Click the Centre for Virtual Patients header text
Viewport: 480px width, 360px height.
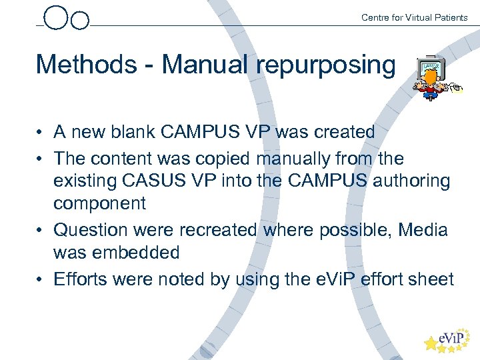pyautogui.click(x=414, y=17)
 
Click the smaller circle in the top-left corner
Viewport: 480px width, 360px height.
pyautogui.click(x=80, y=21)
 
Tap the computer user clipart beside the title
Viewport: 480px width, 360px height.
pyautogui.click(x=434, y=79)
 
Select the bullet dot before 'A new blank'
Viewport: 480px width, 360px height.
pyautogui.click(x=41, y=133)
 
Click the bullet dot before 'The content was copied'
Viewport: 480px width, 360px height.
pyautogui.click(x=41, y=159)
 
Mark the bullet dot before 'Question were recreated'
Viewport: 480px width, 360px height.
pyautogui.click(x=41, y=231)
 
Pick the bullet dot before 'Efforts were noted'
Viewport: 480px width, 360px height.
pyautogui.click(x=41, y=279)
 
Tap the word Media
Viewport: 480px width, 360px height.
pyautogui.click(x=423, y=230)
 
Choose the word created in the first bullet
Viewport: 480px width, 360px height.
pyautogui.click(x=341, y=132)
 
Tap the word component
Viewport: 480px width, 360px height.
pyautogui.click(x=99, y=204)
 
